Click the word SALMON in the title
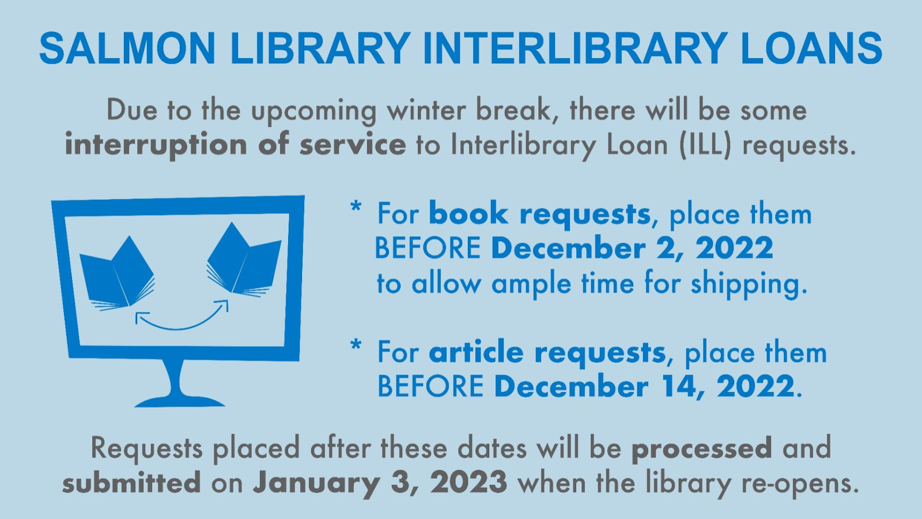127,48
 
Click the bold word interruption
156,145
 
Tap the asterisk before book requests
356,207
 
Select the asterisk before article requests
356,345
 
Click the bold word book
468,213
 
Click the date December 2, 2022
632,248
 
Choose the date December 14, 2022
644,386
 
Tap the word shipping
749,284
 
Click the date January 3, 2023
380,483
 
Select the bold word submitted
132,482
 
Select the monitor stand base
179,401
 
